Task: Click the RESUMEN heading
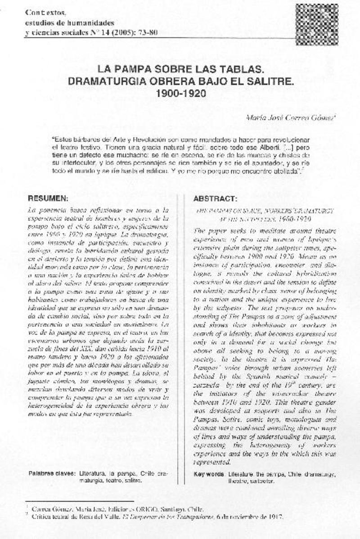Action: pos(48,198)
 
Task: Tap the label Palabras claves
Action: pos(52,474)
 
